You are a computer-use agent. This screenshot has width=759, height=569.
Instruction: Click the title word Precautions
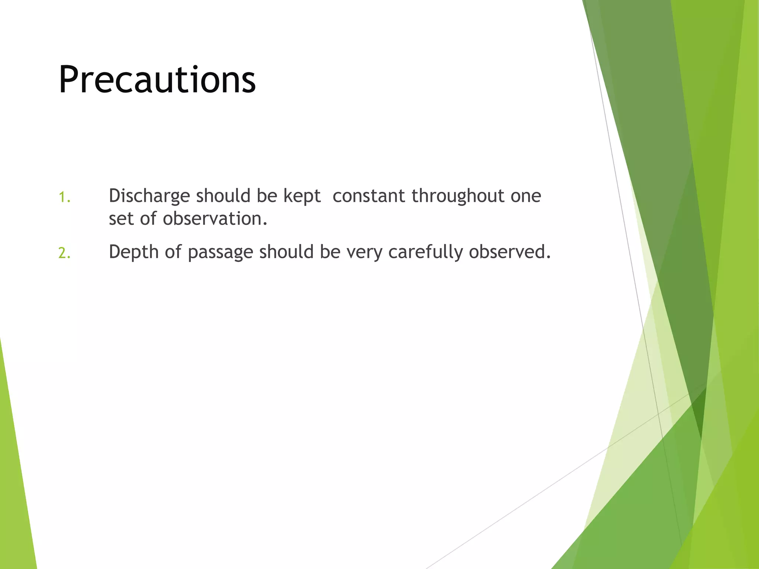coord(157,80)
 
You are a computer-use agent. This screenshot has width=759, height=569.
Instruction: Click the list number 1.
coord(64,197)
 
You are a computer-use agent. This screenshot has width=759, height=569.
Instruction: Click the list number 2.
coord(64,253)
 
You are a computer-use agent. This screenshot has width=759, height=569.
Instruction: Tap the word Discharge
coord(149,196)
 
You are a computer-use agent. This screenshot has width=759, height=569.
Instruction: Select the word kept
coord(302,196)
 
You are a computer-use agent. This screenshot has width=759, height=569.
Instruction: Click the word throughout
coord(458,196)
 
